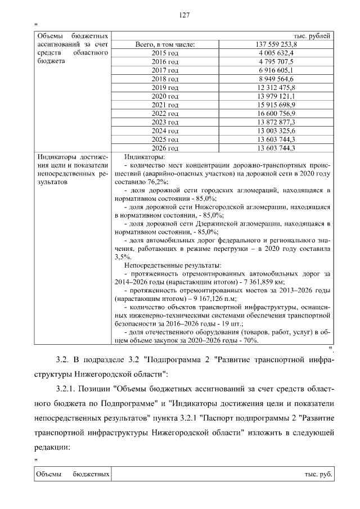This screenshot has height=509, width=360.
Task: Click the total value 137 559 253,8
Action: (276, 44)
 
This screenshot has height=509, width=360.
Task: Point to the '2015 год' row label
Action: (165, 52)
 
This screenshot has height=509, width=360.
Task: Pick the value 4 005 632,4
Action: (276, 52)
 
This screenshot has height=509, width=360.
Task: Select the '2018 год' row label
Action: (165, 79)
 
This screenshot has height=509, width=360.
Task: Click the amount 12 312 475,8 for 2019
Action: (276, 88)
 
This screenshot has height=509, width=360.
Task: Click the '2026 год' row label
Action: (165, 148)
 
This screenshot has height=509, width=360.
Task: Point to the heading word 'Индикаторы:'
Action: (144, 157)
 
